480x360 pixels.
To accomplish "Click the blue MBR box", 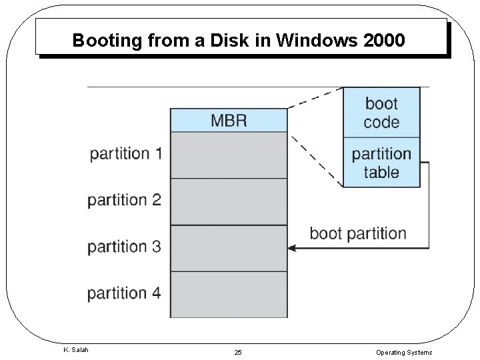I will coord(229,121).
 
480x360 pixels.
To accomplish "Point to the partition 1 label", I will coord(125,153).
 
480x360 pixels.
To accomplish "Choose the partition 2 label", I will coord(125,200).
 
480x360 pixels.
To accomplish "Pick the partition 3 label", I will coord(125,247).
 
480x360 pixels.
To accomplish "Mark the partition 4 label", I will coord(125,293).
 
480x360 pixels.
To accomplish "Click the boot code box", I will coord(381,113).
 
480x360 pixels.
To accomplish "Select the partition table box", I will coord(381,163).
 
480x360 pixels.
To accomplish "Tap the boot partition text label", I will coord(357,233).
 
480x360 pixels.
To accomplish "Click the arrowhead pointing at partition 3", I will coord(291,248).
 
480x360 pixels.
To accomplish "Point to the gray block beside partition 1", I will coord(229,155).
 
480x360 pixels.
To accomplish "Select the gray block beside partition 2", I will coord(229,201).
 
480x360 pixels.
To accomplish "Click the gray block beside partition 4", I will coord(229,294).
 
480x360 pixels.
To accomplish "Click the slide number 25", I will coord(238,351).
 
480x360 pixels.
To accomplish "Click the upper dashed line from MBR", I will coord(315,98).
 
